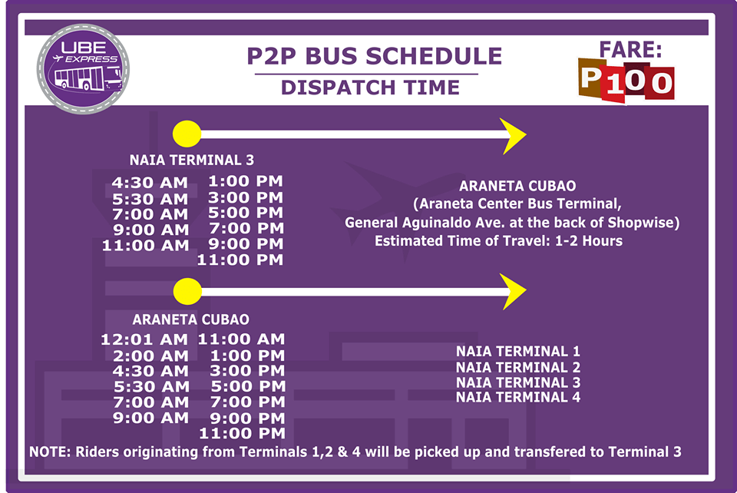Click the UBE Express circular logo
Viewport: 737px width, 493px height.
[83, 69]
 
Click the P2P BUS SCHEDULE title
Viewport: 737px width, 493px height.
[374, 56]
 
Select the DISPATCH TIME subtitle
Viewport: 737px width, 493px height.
[370, 88]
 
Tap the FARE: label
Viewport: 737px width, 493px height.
[630, 49]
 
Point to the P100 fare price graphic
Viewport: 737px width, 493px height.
[626, 80]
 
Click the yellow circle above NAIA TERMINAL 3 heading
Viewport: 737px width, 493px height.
[187, 134]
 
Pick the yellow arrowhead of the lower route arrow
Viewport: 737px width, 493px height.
[513, 291]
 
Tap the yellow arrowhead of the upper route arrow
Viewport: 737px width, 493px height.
[513, 136]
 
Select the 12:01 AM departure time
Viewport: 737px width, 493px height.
[144, 339]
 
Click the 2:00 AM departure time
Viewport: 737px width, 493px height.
[150, 356]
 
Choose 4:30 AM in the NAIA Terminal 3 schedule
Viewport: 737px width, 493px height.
[150, 182]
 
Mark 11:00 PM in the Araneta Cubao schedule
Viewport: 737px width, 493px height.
[242, 433]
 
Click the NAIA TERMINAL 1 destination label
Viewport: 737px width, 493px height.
[518, 351]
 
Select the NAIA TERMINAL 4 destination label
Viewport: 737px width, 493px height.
[518, 397]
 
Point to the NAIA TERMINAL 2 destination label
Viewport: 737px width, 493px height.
[518, 367]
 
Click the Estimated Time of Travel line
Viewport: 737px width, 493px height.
[498, 241]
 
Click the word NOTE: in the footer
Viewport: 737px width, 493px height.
[50, 452]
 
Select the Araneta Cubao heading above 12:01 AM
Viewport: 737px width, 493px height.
[191, 319]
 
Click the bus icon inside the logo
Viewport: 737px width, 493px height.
[88, 78]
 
